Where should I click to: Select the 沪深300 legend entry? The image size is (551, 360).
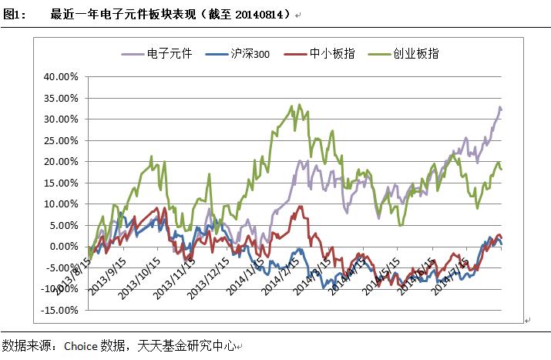coord(251,54)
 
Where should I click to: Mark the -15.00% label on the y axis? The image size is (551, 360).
coord(60,311)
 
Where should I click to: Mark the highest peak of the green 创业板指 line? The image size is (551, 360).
coord(291,106)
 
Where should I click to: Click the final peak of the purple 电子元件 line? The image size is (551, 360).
coord(499,107)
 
